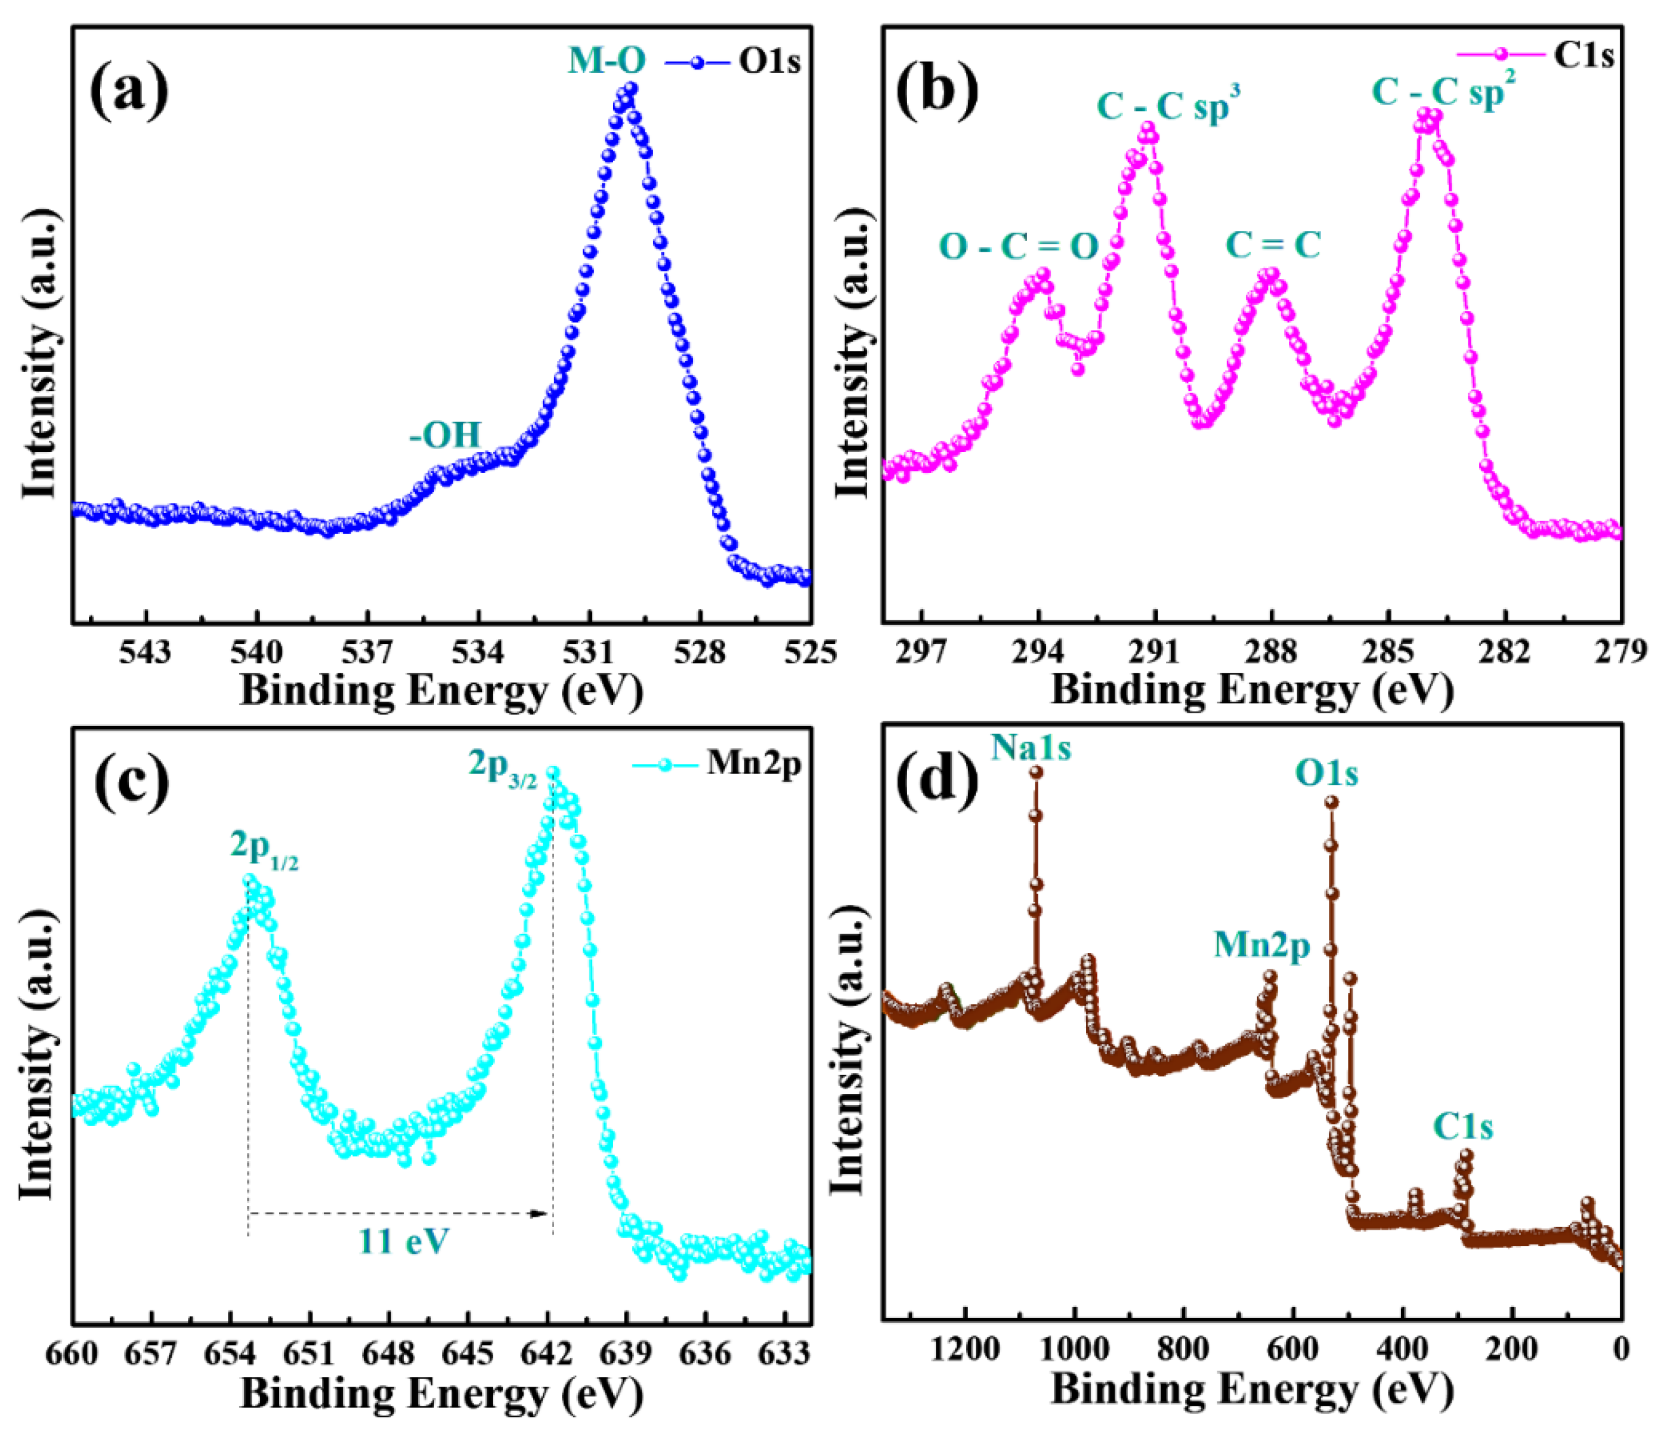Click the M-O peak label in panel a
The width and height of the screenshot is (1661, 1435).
click(x=607, y=61)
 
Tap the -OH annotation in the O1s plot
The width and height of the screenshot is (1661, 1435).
click(x=446, y=435)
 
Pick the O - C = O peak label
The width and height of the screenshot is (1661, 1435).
click(x=1018, y=247)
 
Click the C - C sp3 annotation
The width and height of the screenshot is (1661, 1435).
click(x=1168, y=106)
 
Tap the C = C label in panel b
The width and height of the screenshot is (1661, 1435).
click(x=1273, y=245)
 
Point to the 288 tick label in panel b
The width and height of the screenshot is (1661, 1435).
click(x=1272, y=652)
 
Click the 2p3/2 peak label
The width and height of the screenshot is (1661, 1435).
click(x=503, y=767)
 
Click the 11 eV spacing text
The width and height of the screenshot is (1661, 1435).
click(x=403, y=1241)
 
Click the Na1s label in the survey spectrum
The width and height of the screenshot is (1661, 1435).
click(x=1031, y=748)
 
